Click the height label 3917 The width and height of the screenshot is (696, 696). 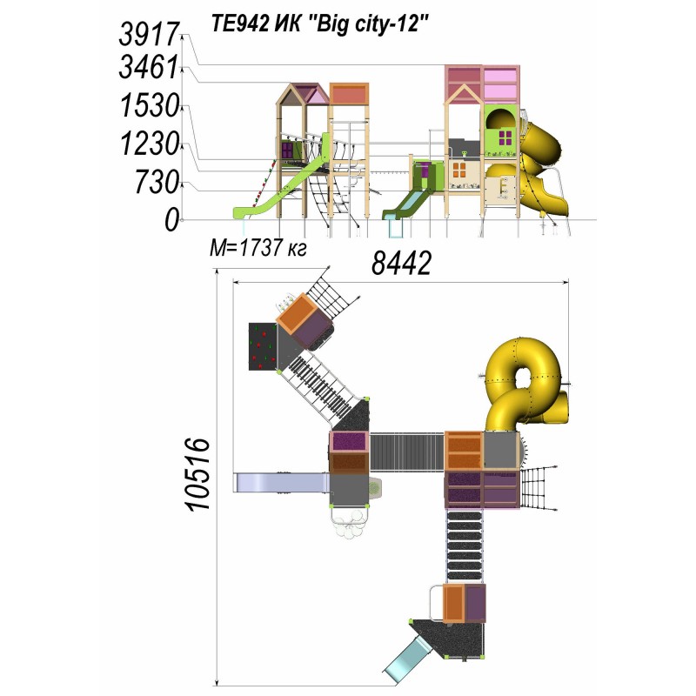tap(149, 35)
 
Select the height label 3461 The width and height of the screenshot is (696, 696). tap(149, 68)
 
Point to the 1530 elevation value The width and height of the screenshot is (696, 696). tap(150, 106)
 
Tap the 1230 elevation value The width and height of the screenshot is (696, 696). tap(150, 144)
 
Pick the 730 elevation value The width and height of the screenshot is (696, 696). tap(157, 182)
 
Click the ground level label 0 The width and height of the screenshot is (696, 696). tap(171, 220)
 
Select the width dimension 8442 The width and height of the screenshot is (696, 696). tap(401, 263)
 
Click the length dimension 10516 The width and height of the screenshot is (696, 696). tap(197, 474)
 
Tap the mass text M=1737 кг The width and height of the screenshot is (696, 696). tap(258, 248)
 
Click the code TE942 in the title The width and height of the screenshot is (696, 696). tap(239, 23)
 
